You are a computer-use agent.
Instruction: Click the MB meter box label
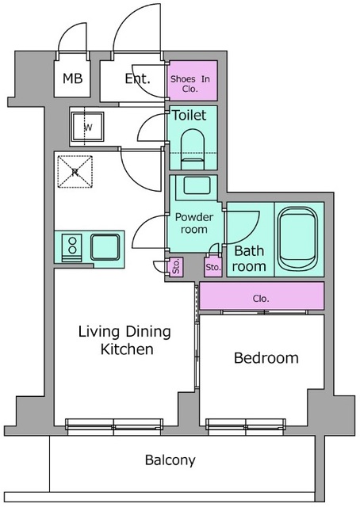[x=72, y=78]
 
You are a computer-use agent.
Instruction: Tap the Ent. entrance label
[x=138, y=78]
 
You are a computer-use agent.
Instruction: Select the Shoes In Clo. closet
[x=193, y=81]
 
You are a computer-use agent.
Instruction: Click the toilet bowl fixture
[x=193, y=149]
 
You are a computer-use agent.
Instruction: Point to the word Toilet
[x=189, y=115]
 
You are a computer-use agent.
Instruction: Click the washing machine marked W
[x=88, y=127]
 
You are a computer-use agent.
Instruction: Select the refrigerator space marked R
[x=75, y=172]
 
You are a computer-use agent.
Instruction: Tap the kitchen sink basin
[x=105, y=247]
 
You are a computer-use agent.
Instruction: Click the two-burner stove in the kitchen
[x=72, y=248]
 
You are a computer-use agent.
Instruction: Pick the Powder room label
[x=194, y=223]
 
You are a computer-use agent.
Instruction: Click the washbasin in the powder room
[x=197, y=186]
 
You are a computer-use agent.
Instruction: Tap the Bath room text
[x=249, y=259]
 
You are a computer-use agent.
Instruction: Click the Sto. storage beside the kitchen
[x=175, y=267]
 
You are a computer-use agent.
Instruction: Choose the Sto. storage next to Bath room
[x=213, y=267]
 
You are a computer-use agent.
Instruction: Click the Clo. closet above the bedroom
[x=261, y=295]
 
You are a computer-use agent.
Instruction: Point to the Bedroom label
[x=266, y=358]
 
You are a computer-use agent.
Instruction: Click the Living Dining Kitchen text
[x=125, y=341]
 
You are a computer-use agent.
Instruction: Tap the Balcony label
[x=170, y=459]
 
